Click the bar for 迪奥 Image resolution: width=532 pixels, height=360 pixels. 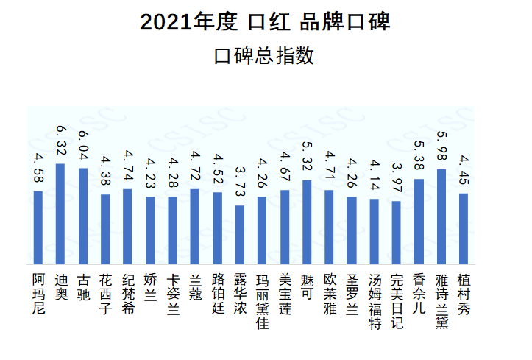point(60,213)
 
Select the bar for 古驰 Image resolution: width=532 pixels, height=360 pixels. point(83,216)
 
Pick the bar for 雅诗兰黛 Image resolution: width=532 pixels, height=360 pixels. point(441,216)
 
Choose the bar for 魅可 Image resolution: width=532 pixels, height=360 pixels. point(307,222)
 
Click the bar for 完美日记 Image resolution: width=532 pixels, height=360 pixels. point(396,232)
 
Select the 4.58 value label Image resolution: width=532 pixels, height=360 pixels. point(38,168)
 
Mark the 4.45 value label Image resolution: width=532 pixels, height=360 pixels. point(464,172)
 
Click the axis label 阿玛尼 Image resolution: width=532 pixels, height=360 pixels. point(38,293)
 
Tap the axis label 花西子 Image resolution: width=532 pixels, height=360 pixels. point(105,293)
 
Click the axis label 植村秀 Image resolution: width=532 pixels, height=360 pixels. point(464,293)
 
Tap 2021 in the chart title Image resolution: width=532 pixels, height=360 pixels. point(161,22)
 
